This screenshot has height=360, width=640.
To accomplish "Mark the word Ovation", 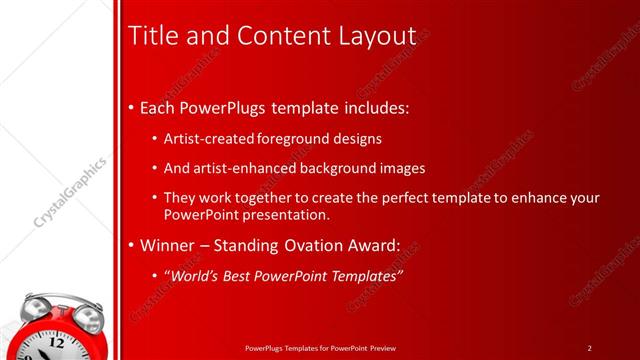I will (x=312, y=245).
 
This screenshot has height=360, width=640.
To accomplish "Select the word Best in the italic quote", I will (x=238, y=276).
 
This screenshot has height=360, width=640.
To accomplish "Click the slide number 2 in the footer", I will (x=590, y=348).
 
